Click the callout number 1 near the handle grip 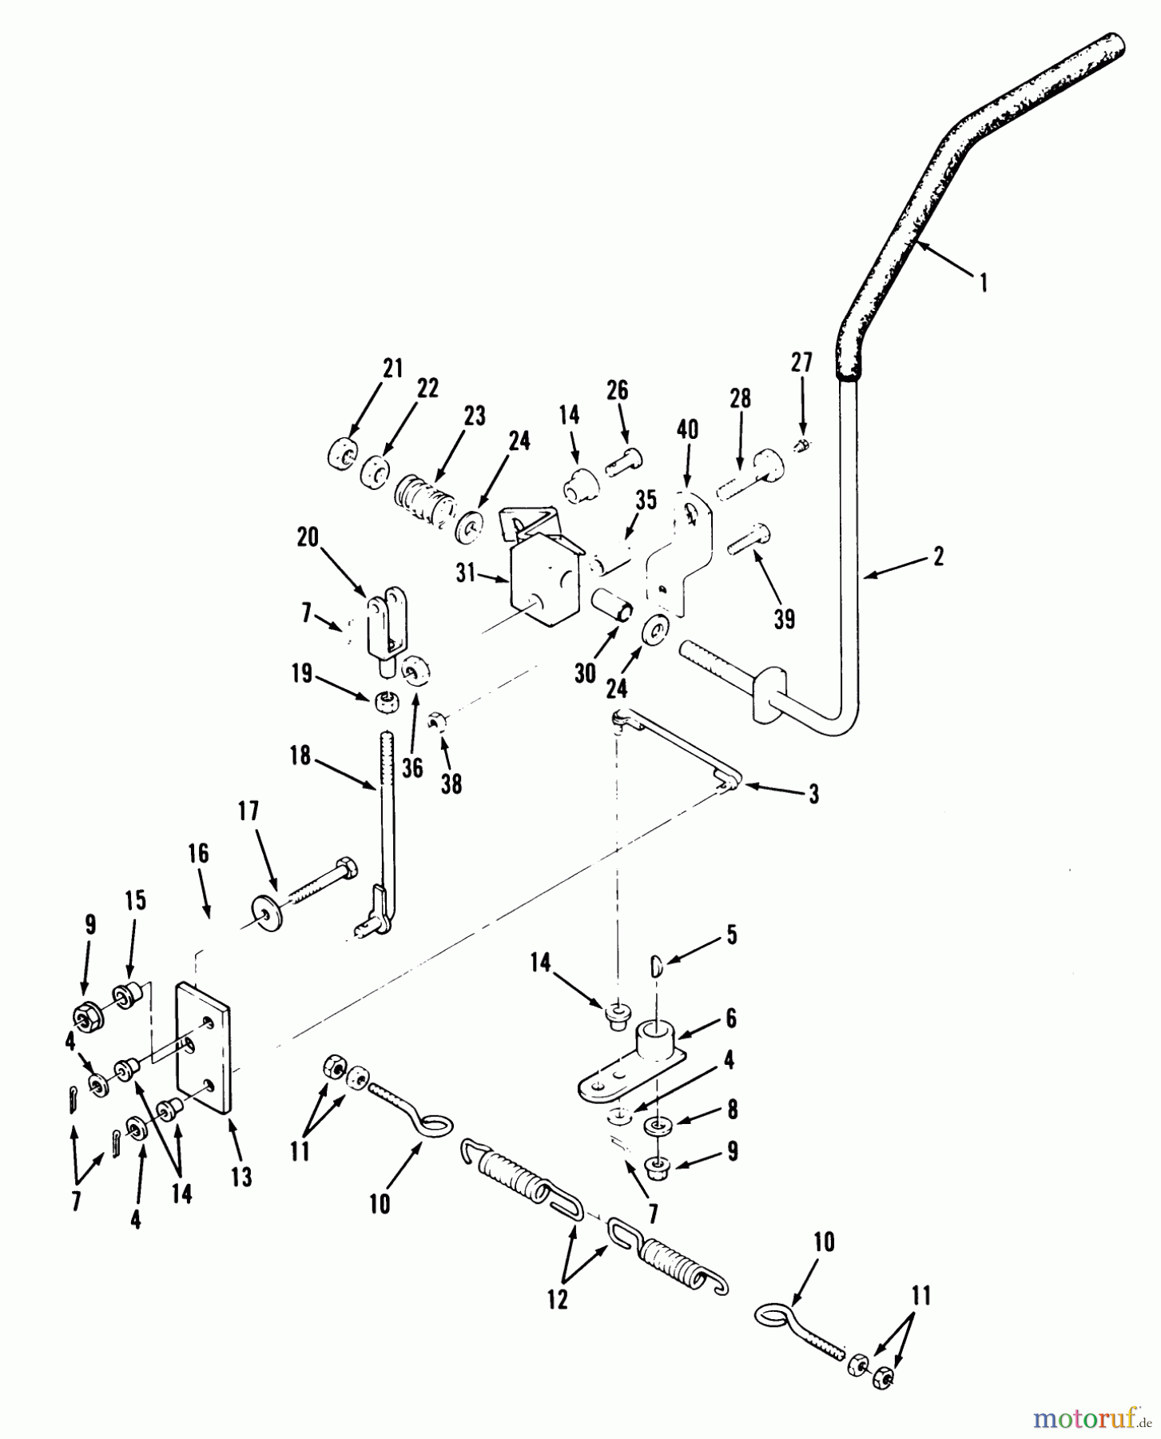point(984,282)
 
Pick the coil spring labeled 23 point(424,501)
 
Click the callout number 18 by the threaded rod point(300,755)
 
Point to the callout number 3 point(813,795)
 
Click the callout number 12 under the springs point(557,1299)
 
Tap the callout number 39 point(785,619)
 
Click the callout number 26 point(617,390)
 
